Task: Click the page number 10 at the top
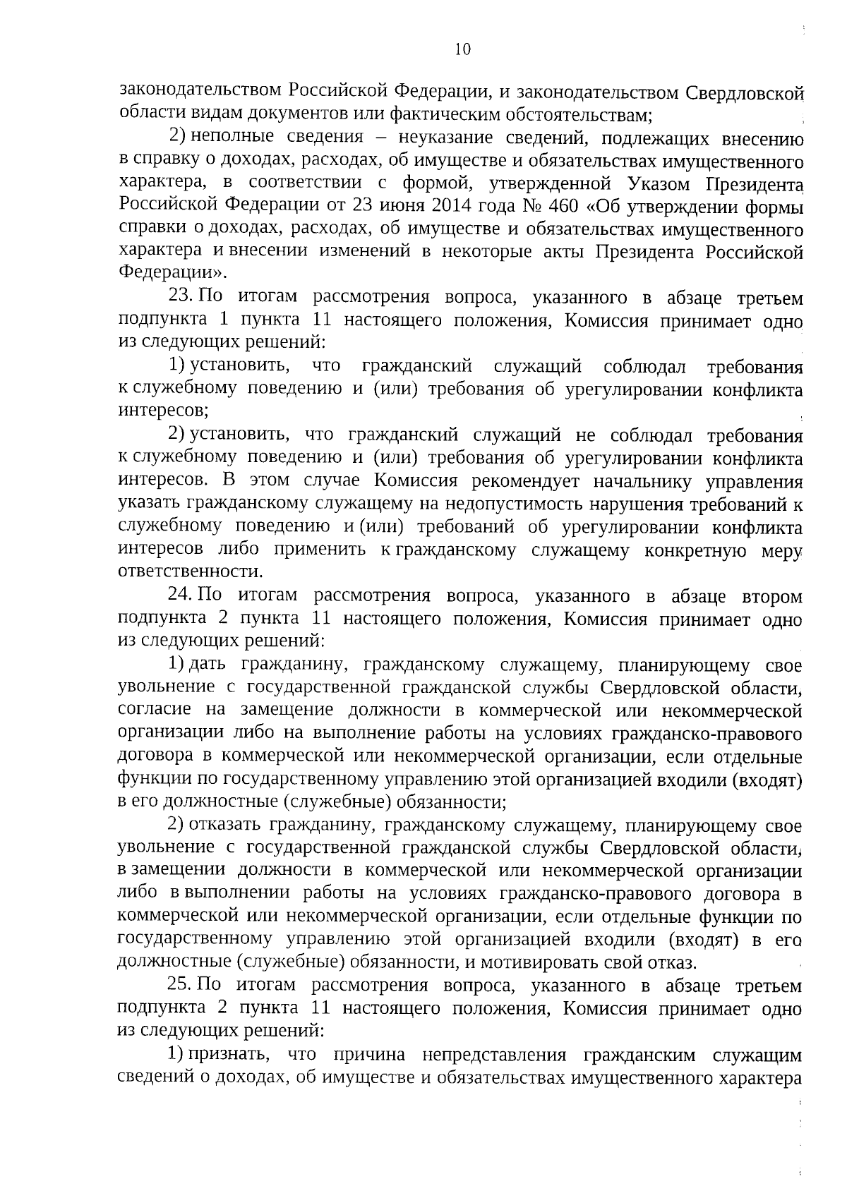(462, 49)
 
